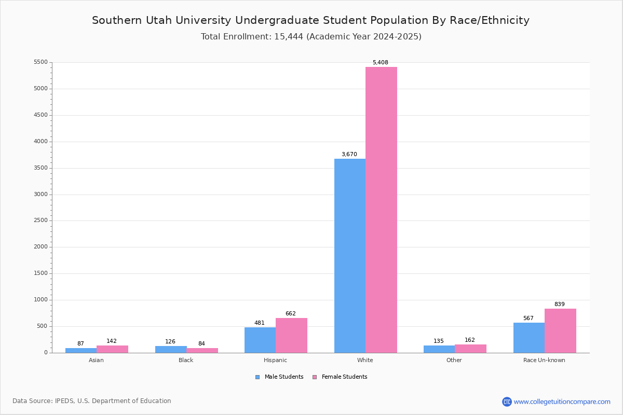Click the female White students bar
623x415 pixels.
pyautogui.click(x=381, y=210)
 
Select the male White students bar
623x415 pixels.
pyautogui.click(x=350, y=255)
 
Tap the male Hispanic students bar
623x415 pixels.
pyautogui.click(x=260, y=340)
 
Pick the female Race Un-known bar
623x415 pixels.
pyautogui.click(x=560, y=330)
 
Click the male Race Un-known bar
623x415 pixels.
pyautogui.click(x=529, y=338)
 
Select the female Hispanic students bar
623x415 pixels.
pyautogui.click(x=291, y=335)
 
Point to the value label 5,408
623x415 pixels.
pyautogui.click(x=380, y=63)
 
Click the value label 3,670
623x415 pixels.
pyautogui.click(x=349, y=155)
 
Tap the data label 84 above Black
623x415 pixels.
pyautogui.click(x=201, y=344)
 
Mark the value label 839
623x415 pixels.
pyautogui.click(x=559, y=305)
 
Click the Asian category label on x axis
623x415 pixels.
pyautogui.click(x=96, y=360)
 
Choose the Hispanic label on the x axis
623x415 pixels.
pyautogui.click(x=275, y=360)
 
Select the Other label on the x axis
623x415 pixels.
pyautogui.click(x=454, y=360)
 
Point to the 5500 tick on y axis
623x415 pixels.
pyautogui.click(x=40, y=62)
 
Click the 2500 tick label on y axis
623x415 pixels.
pyautogui.click(x=40, y=220)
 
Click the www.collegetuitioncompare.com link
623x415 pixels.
pyautogui.click(x=562, y=402)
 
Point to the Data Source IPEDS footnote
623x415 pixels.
pyautogui.click(x=92, y=401)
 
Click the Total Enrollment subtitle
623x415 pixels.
pyautogui.click(x=311, y=37)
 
